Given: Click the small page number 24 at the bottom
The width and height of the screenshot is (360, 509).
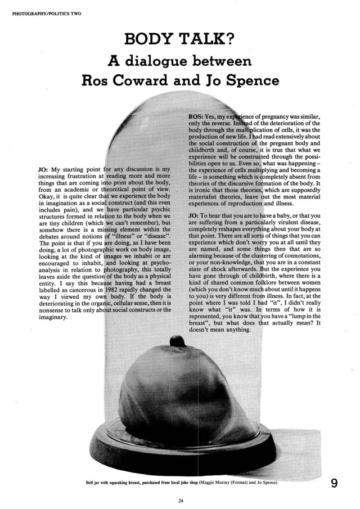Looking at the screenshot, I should coord(180,498).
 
